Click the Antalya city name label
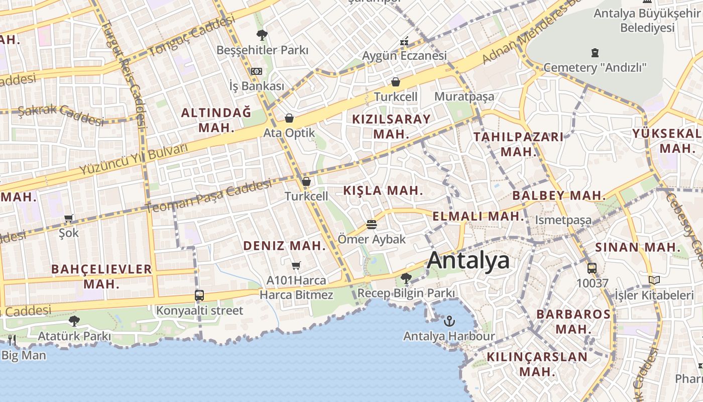[468, 260]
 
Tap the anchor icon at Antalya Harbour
[449, 320]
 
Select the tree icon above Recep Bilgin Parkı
[406, 277]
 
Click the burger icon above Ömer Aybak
[372, 224]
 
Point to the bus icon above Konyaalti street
[199, 295]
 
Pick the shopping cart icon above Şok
[69, 219]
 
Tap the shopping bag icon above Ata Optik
[289, 118]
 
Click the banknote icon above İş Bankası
[257, 71]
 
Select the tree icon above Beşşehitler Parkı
[262, 35]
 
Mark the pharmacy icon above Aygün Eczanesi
[404, 41]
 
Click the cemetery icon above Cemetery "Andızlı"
[595, 52]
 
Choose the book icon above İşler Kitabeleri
[654, 280]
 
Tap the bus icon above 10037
[592, 268]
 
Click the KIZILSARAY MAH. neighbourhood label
[391, 127]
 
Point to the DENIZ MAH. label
[285, 246]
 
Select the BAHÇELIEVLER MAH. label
[101, 276]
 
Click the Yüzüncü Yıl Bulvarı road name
[133, 159]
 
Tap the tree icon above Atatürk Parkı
[74, 321]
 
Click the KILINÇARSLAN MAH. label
[537, 364]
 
